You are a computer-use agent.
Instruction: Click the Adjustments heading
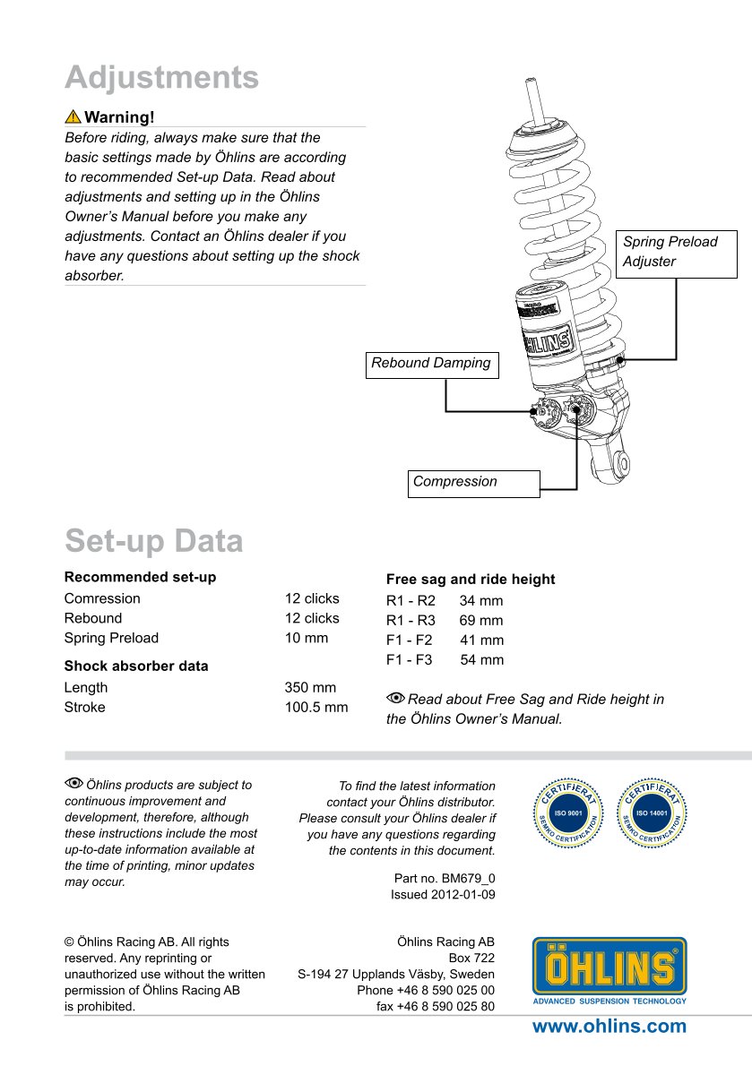[x=161, y=78]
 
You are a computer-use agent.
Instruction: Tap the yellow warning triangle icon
[x=73, y=117]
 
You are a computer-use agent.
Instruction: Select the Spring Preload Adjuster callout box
[x=677, y=252]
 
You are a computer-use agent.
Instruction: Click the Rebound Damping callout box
[x=432, y=364]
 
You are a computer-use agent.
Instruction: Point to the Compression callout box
[x=474, y=483]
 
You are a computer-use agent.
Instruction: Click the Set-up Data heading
[x=153, y=541]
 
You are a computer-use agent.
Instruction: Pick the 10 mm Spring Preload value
[x=307, y=638]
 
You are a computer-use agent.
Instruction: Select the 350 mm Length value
[x=310, y=688]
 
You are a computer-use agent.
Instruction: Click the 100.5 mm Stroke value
[x=316, y=708]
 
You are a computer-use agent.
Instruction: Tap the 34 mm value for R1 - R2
[x=481, y=601]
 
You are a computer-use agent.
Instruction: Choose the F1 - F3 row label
[x=409, y=660]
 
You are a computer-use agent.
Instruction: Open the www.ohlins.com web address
[x=609, y=1027]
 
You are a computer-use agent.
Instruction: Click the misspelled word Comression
[x=102, y=598]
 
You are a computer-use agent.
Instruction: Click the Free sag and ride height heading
[x=471, y=580]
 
